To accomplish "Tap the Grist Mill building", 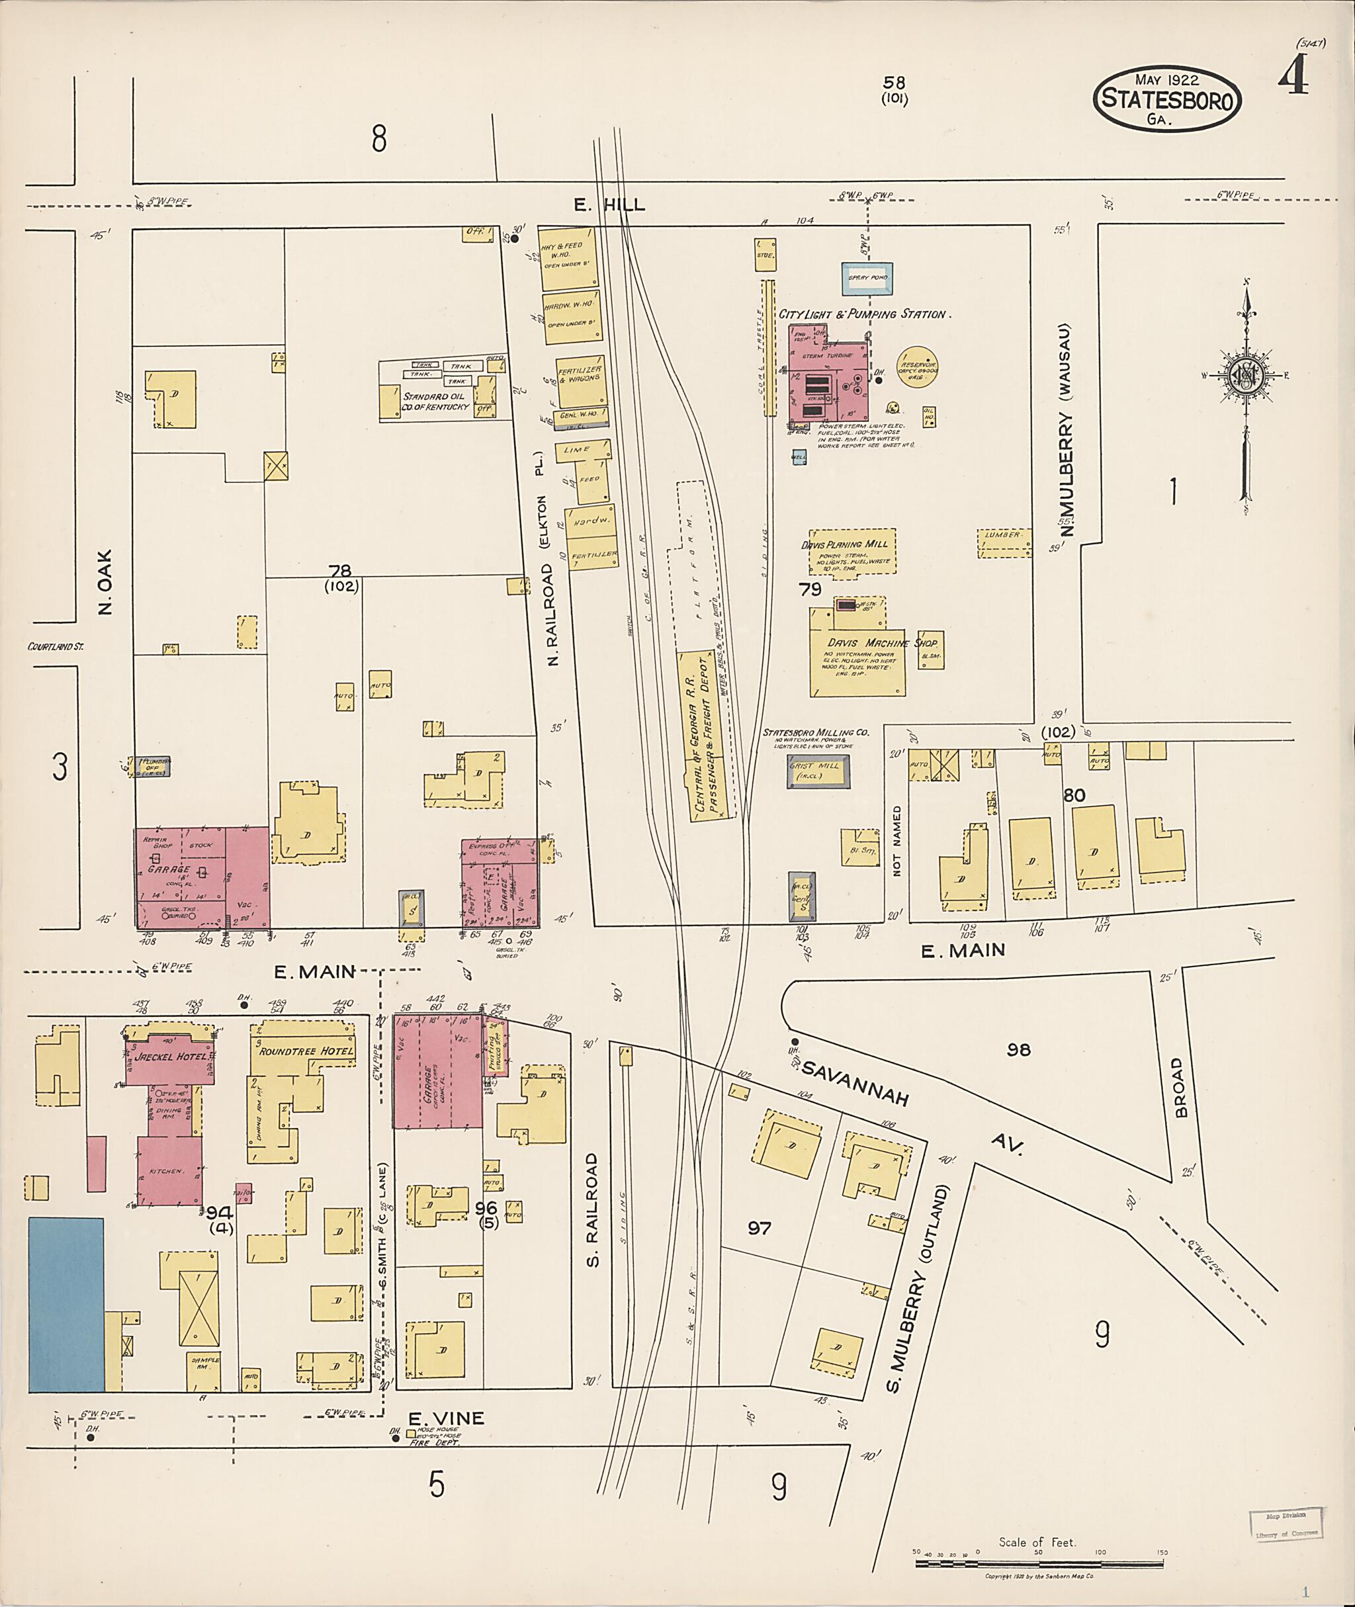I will point(818,771).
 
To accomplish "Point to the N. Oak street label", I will point(105,582).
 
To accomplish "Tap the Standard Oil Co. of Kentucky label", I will point(435,401).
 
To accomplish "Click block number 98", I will point(1018,1049).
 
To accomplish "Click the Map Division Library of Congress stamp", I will point(1285,1524).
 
